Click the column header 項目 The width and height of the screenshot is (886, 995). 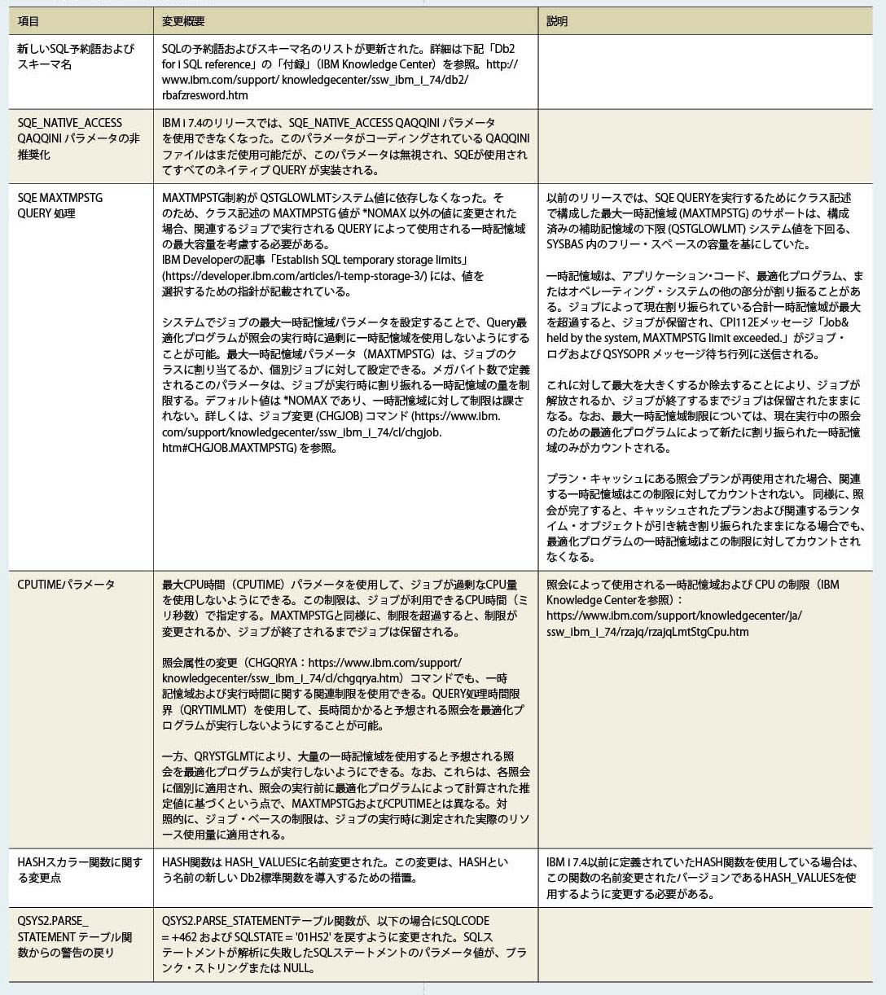tap(29, 21)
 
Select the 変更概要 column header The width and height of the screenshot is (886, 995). tap(183, 21)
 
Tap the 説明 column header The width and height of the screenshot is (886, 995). tap(557, 21)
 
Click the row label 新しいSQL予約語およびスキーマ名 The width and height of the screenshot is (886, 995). tap(76, 56)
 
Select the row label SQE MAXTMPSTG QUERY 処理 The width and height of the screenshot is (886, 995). tap(60, 205)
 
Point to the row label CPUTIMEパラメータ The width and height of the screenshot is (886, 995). tap(66, 585)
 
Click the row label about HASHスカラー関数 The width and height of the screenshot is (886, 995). tap(79, 870)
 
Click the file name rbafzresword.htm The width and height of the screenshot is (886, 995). tap(204, 95)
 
